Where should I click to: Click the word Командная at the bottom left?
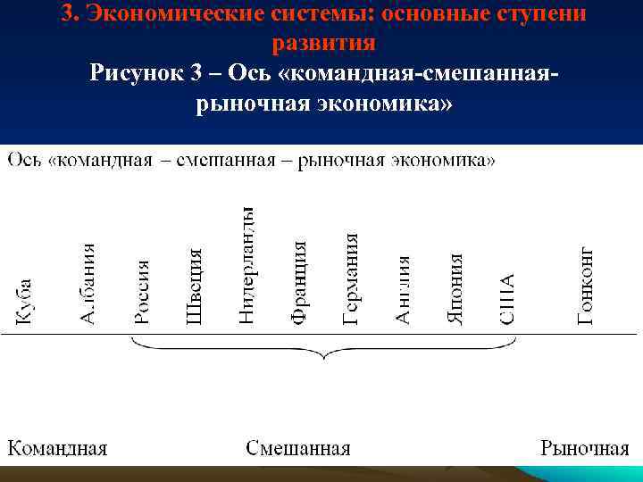[58, 447]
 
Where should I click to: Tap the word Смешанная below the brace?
[298, 447]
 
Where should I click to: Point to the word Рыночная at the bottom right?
[585, 447]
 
